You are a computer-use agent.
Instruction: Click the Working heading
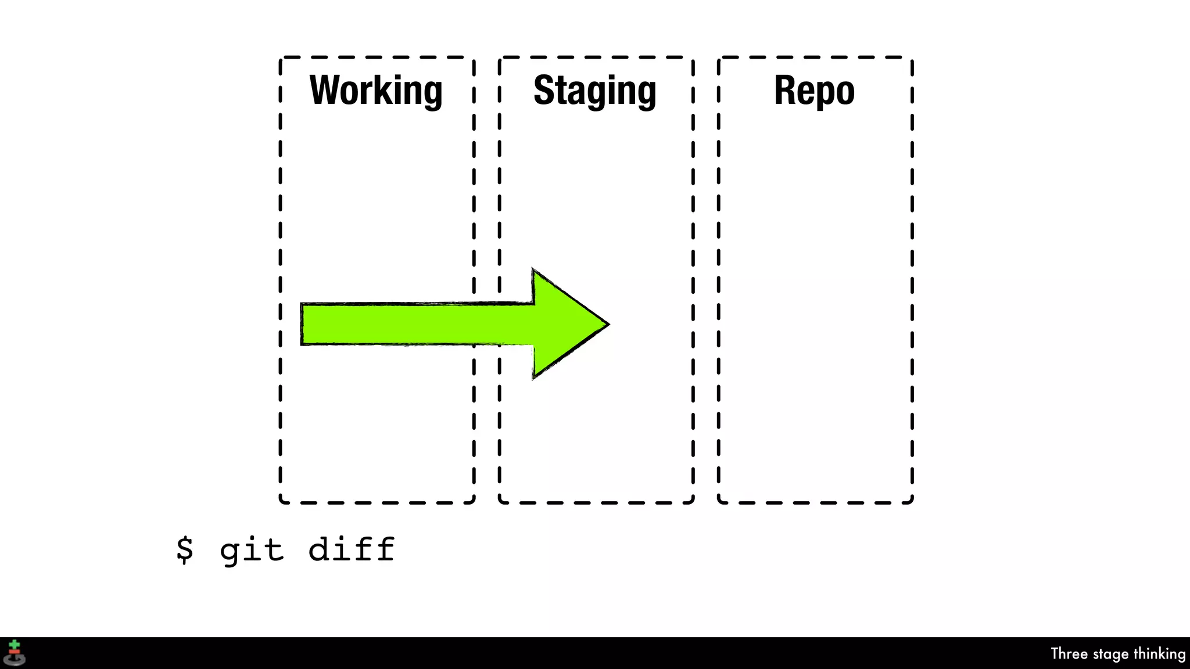(x=376, y=91)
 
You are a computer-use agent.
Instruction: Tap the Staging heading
(x=595, y=91)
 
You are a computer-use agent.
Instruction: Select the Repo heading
(x=814, y=91)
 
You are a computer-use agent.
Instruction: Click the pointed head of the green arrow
(x=604, y=324)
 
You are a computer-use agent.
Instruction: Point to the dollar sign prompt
(x=184, y=549)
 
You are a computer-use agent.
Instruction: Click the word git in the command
(x=252, y=549)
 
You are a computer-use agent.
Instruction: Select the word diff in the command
(x=352, y=549)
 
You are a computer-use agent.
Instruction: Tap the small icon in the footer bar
(x=15, y=653)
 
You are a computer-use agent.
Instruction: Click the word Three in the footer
(x=1069, y=654)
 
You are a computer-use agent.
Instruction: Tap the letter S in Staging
(x=544, y=91)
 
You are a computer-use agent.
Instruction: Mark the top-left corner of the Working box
(x=281, y=58)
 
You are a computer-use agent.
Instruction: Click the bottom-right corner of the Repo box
(x=911, y=502)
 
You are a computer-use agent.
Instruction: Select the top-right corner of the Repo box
(x=911, y=58)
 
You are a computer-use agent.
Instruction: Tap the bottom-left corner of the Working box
(x=281, y=502)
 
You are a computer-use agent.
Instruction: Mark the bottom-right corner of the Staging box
(x=692, y=502)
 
